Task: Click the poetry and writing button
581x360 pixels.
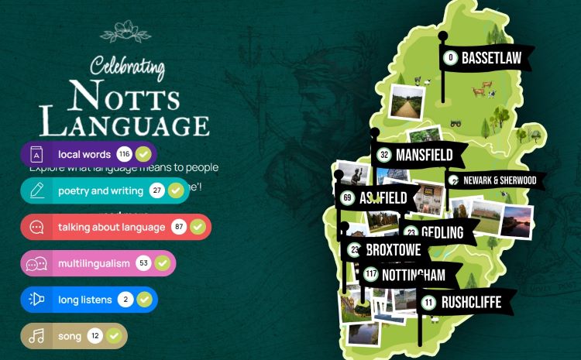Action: click(x=100, y=190)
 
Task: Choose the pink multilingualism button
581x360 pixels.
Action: click(x=94, y=263)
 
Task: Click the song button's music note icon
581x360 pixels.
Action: click(x=36, y=336)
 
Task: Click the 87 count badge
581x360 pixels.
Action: click(x=179, y=227)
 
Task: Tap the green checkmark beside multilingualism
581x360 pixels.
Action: click(x=163, y=263)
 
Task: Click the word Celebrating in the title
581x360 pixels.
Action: click(x=127, y=67)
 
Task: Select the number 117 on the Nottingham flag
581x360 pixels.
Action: click(x=370, y=275)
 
